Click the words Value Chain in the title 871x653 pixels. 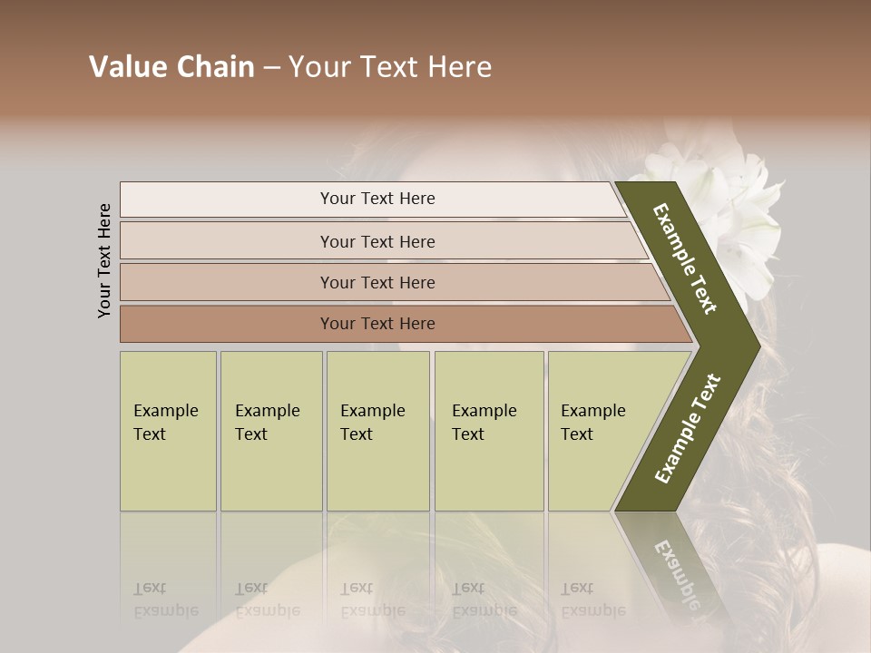tap(171, 67)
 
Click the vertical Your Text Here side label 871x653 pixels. tap(104, 260)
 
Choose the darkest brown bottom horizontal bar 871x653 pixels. tap(227, 324)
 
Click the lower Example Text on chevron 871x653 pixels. tap(688, 428)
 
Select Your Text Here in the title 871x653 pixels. tap(390, 67)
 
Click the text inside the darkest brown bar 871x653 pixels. tap(377, 324)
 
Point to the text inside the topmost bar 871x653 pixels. tap(377, 199)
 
